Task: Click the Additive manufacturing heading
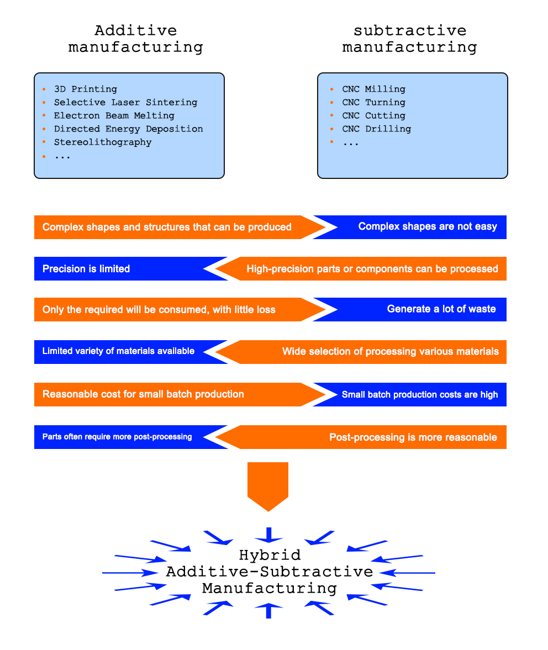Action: point(135,39)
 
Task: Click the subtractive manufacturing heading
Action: point(409,39)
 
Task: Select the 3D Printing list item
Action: point(86,89)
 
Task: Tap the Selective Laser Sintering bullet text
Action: point(125,102)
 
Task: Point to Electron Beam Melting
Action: point(114,115)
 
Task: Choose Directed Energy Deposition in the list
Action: point(129,129)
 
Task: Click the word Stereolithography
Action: point(103,142)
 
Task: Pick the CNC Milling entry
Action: point(374,89)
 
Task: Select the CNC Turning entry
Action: point(374,102)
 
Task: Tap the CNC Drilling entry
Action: point(377,129)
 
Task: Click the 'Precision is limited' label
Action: point(86,268)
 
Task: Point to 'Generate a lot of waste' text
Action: point(441,309)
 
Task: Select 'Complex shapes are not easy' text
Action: point(428,226)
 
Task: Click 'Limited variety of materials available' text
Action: point(118,351)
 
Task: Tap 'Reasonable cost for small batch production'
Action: point(143,394)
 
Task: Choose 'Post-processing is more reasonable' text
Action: point(413,437)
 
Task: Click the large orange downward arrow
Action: point(268,487)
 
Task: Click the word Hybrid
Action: point(270,555)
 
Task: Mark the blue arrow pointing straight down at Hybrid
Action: point(268,535)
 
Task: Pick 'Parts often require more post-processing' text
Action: point(117,436)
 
